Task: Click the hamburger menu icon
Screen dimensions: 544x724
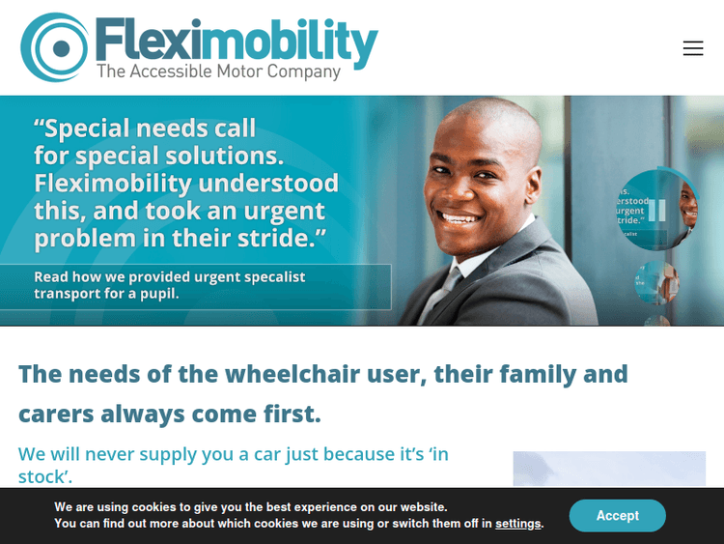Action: pos(693,48)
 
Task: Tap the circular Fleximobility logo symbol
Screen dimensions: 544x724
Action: pos(56,46)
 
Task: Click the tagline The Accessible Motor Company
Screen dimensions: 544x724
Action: pos(218,72)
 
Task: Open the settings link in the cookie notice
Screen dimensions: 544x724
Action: pos(518,524)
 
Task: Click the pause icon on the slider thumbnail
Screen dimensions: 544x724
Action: pos(657,210)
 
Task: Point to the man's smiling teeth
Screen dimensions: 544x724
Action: pos(459,217)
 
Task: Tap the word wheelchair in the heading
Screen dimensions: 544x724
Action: pos(301,373)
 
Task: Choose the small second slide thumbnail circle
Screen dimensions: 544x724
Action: pos(656,282)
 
